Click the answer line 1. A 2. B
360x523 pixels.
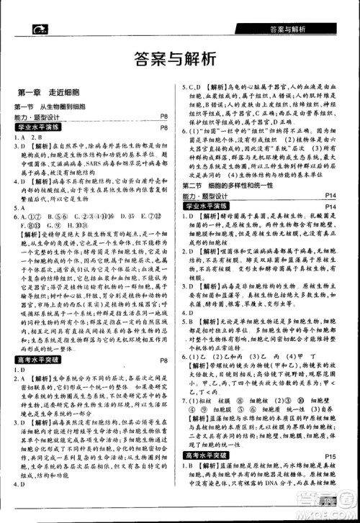click(27, 137)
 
